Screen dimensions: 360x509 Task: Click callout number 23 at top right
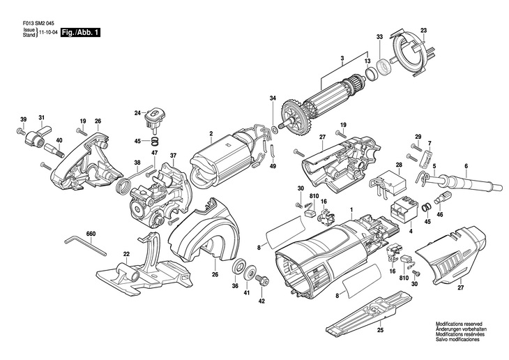(x=423, y=30)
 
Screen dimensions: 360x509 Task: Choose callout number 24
(x=137, y=112)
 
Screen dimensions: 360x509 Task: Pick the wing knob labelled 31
(x=39, y=132)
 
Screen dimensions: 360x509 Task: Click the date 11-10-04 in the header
(x=47, y=33)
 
